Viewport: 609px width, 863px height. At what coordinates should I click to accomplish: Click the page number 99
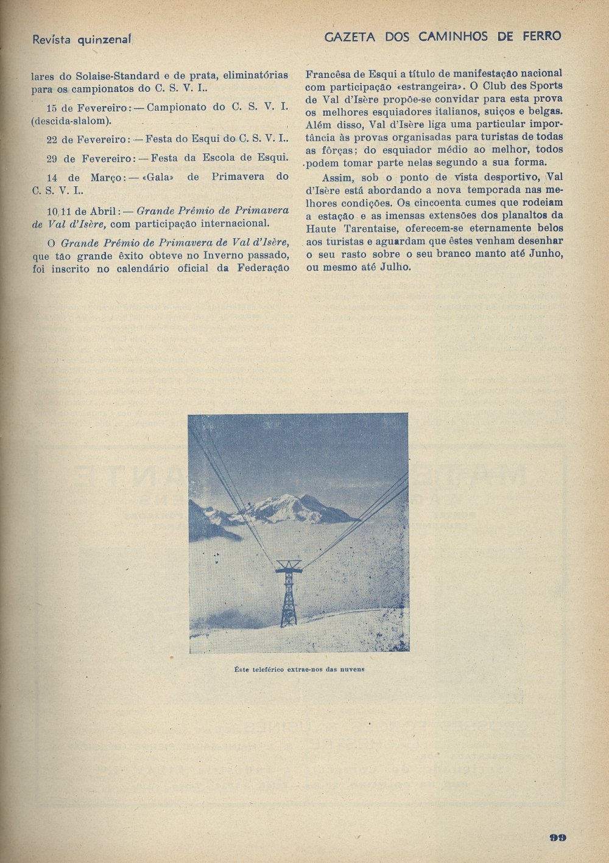(557, 837)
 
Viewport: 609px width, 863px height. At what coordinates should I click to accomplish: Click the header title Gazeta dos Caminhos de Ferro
(443, 37)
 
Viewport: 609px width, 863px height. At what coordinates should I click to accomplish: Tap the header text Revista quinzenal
(82, 40)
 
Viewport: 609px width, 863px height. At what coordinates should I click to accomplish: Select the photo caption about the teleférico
(299, 669)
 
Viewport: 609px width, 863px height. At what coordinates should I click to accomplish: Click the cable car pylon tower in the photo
(288, 593)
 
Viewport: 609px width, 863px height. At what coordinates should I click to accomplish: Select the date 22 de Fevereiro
(87, 139)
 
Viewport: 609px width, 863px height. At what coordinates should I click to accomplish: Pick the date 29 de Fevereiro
(87, 158)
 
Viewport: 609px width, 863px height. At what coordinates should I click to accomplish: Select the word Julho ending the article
(395, 267)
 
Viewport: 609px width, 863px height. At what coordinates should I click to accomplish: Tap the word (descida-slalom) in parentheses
(71, 120)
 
